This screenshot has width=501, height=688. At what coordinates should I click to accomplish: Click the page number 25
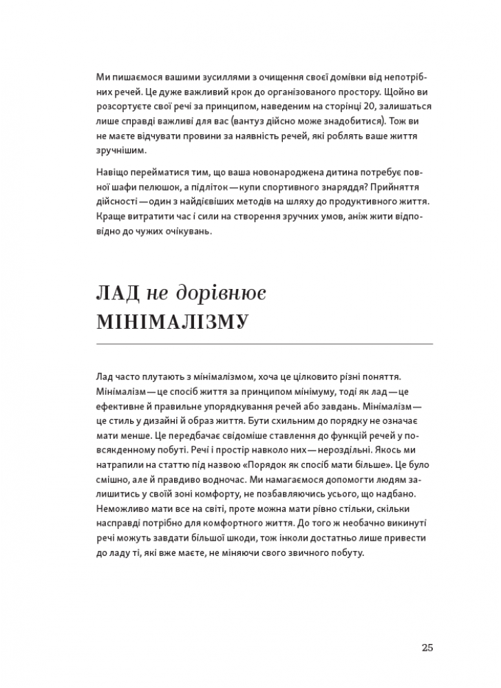click(x=427, y=647)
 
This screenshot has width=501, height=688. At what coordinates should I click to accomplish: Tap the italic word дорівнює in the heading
click(x=220, y=294)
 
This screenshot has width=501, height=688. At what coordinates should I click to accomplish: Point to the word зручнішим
click(x=122, y=150)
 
